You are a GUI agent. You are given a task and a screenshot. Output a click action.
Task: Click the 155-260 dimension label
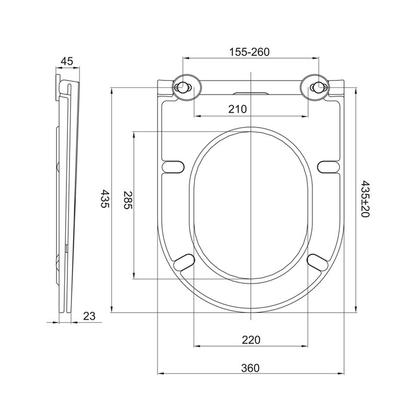click(x=250, y=52)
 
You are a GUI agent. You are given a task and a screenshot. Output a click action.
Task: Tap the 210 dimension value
click(x=238, y=109)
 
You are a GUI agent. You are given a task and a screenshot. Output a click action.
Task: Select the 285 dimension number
click(x=127, y=200)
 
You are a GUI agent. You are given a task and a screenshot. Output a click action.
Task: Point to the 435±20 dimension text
click(x=365, y=199)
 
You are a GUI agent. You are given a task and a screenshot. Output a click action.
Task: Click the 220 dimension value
click(x=251, y=340)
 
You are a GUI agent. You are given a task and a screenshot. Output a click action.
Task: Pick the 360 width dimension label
click(x=250, y=368)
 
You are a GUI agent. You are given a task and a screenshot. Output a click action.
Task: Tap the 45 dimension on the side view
click(x=67, y=61)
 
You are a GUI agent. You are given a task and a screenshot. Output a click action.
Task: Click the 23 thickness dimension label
click(x=89, y=316)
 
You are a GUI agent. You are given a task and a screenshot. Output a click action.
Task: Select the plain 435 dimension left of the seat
click(x=105, y=199)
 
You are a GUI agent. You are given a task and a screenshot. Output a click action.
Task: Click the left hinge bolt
click(x=182, y=87)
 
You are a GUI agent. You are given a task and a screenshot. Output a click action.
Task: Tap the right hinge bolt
click(x=319, y=87)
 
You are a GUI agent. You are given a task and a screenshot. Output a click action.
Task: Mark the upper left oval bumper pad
click(x=173, y=167)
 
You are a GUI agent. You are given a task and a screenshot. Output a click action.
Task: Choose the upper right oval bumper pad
click(x=329, y=167)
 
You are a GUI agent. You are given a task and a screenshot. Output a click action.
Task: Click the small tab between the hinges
click(x=251, y=94)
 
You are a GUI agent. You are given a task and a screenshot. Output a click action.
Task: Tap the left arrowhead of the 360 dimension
click(x=160, y=374)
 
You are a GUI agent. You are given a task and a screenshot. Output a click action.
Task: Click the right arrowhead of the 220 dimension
click(x=305, y=346)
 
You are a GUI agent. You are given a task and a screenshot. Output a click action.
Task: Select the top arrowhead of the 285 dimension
click(x=134, y=134)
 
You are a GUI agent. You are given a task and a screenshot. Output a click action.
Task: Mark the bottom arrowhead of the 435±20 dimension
click(x=356, y=309)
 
